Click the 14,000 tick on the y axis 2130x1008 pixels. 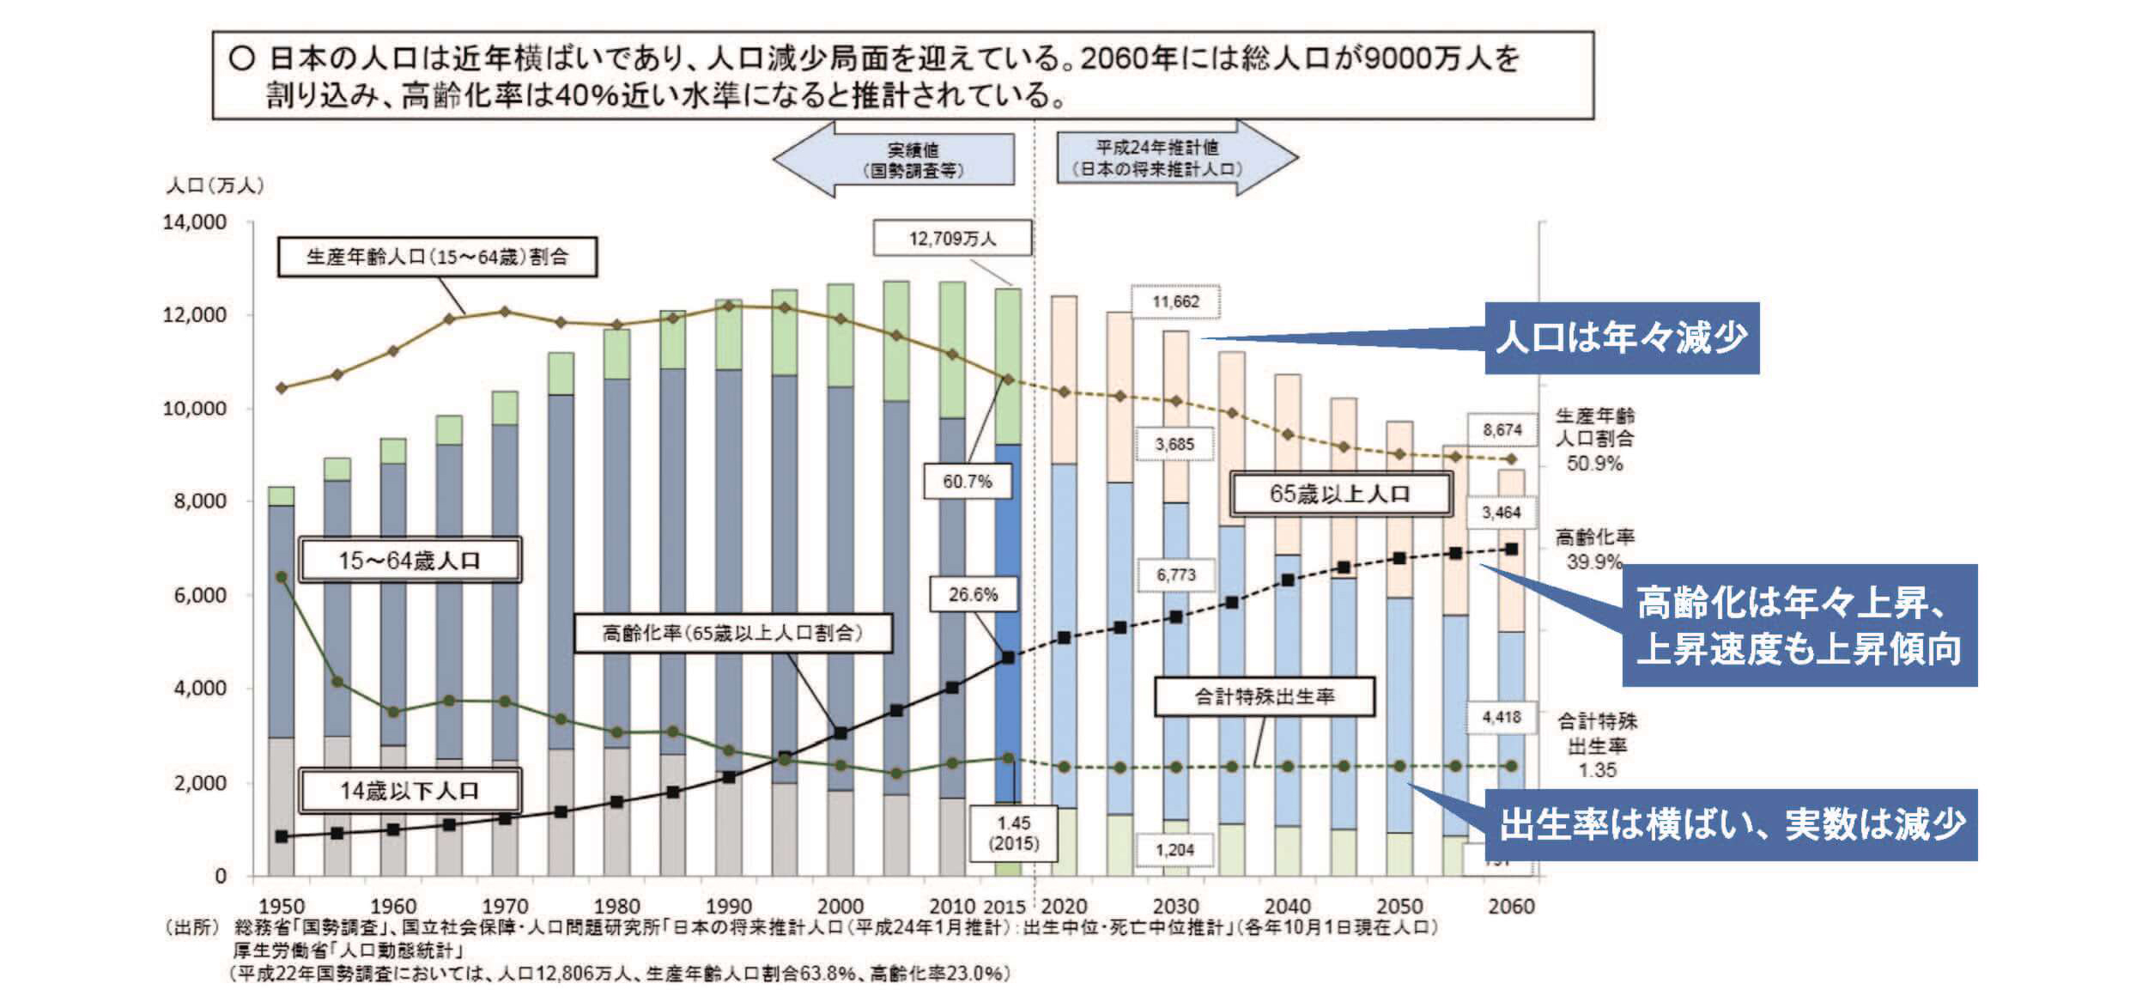click(195, 222)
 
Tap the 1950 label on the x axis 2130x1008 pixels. click(282, 906)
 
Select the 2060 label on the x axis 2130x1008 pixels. click(1511, 906)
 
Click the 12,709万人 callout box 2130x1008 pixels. click(952, 238)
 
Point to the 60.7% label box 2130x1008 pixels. click(967, 481)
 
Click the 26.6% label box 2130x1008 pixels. click(973, 594)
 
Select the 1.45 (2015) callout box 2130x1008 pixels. click(1014, 832)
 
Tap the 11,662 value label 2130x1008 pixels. click(1175, 301)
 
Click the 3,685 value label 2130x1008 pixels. click(1174, 444)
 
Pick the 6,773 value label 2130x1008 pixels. click(1175, 574)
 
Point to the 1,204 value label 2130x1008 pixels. click(1174, 849)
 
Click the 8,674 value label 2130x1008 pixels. click(1502, 429)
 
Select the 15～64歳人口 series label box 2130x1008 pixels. click(410, 560)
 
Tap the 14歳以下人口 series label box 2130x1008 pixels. click(410, 790)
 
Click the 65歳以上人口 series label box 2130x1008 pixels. click(1340, 494)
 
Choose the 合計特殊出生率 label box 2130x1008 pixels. click(1264, 696)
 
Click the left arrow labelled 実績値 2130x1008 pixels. click(897, 160)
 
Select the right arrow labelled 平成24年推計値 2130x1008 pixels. click(1173, 158)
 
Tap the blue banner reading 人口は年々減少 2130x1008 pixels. click(1621, 337)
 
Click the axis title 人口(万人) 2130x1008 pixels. click(215, 185)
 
